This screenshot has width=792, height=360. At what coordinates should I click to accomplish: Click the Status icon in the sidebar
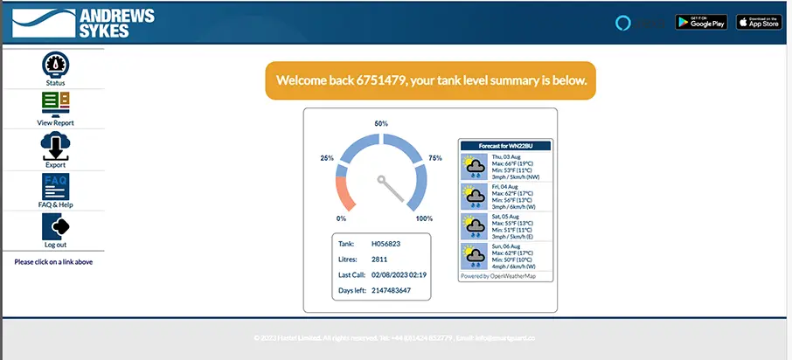55,66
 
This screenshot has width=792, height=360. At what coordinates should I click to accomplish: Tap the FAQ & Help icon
55,186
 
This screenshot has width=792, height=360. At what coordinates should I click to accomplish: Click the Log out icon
55,226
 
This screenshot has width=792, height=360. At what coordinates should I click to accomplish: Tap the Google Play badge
701,23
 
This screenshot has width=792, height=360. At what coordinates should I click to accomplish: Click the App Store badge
758,23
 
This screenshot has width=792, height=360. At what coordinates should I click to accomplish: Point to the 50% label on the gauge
381,124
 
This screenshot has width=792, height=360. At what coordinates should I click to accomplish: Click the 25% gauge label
327,158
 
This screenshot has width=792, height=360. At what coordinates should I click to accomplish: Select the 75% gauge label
435,158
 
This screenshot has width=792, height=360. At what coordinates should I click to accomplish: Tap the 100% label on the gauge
424,218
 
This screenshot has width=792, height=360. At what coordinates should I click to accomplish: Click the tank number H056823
386,244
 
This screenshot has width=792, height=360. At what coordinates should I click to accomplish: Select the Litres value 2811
379,260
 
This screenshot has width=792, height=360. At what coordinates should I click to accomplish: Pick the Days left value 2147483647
391,290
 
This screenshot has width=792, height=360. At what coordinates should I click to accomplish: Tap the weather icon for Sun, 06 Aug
475,256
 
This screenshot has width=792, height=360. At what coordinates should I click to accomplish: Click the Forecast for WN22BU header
506,145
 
